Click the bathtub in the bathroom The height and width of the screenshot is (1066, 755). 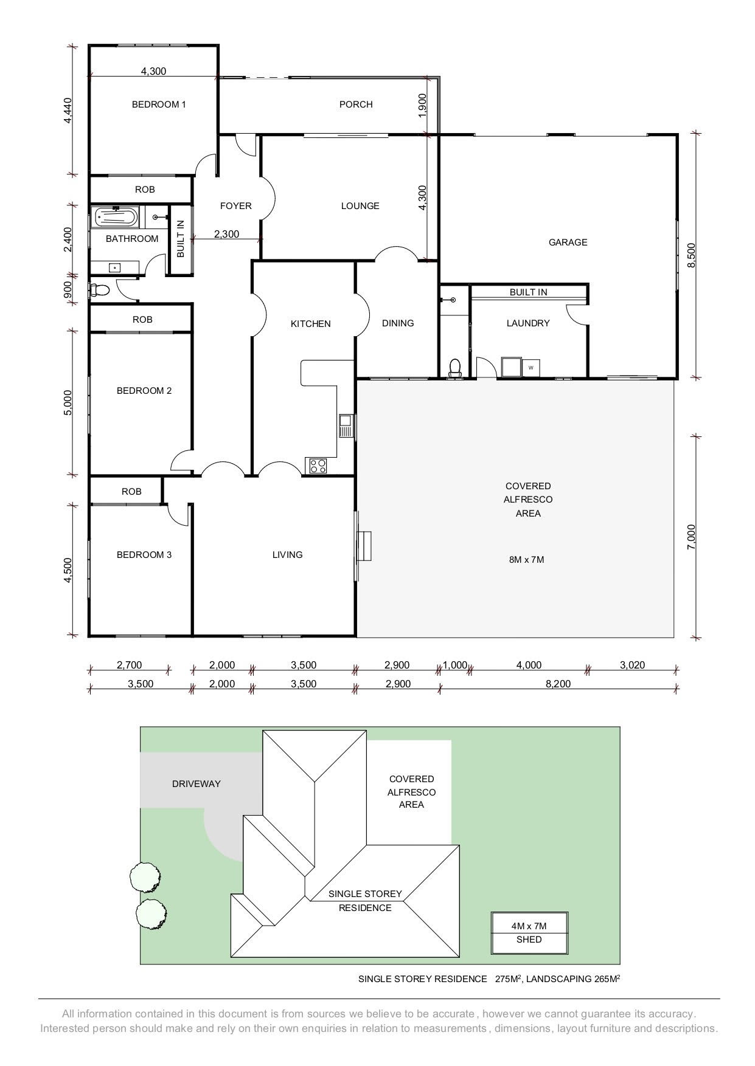[116, 217]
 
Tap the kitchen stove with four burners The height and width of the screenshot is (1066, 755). [318, 466]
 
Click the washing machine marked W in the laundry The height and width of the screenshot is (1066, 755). [531, 367]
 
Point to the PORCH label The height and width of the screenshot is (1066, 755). [356, 105]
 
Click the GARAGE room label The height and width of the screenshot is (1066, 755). [568, 242]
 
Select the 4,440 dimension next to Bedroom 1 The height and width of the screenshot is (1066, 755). [68, 111]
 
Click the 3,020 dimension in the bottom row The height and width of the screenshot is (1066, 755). [632, 665]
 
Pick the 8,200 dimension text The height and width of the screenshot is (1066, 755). [558, 684]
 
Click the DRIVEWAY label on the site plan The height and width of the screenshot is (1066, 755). [196, 784]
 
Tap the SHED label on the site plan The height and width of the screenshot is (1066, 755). [529, 940]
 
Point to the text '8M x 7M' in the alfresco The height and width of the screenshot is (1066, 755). [526, 560]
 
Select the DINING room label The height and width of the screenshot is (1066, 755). [398, 323]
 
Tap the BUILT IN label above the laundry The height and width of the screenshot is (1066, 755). [528, 292]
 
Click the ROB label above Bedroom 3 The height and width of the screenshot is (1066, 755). [131, 492]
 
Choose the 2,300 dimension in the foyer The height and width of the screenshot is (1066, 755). [226, 234]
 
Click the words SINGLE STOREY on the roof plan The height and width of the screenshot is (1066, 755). [365, 894]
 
